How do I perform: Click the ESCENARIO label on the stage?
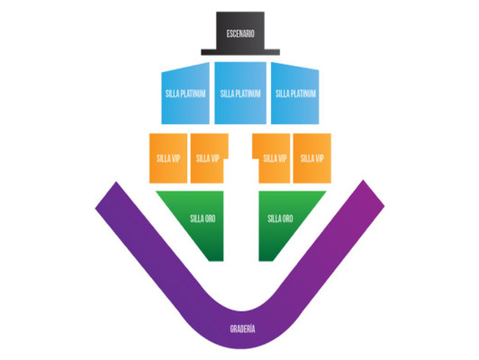pos(240,33)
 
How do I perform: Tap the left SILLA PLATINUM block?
pos(185,94)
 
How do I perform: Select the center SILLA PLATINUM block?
pos(240,93)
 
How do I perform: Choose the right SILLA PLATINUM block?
pos(295,94)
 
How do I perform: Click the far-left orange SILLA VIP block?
pos(168,158)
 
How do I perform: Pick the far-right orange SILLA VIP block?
pos(312,158)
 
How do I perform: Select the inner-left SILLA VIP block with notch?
pos(208,158)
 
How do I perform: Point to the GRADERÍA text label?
pos(242,328)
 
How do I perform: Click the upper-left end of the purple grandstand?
pos(105,195)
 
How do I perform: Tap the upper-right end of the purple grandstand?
pos(374,193)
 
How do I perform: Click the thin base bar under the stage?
pos(240,52)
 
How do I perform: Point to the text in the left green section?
pos(203,219)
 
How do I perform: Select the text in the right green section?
pos(280,219)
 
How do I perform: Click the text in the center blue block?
pos(240,94)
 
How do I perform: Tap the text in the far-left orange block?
pos(168,158)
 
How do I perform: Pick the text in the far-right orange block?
pos(312,158)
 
